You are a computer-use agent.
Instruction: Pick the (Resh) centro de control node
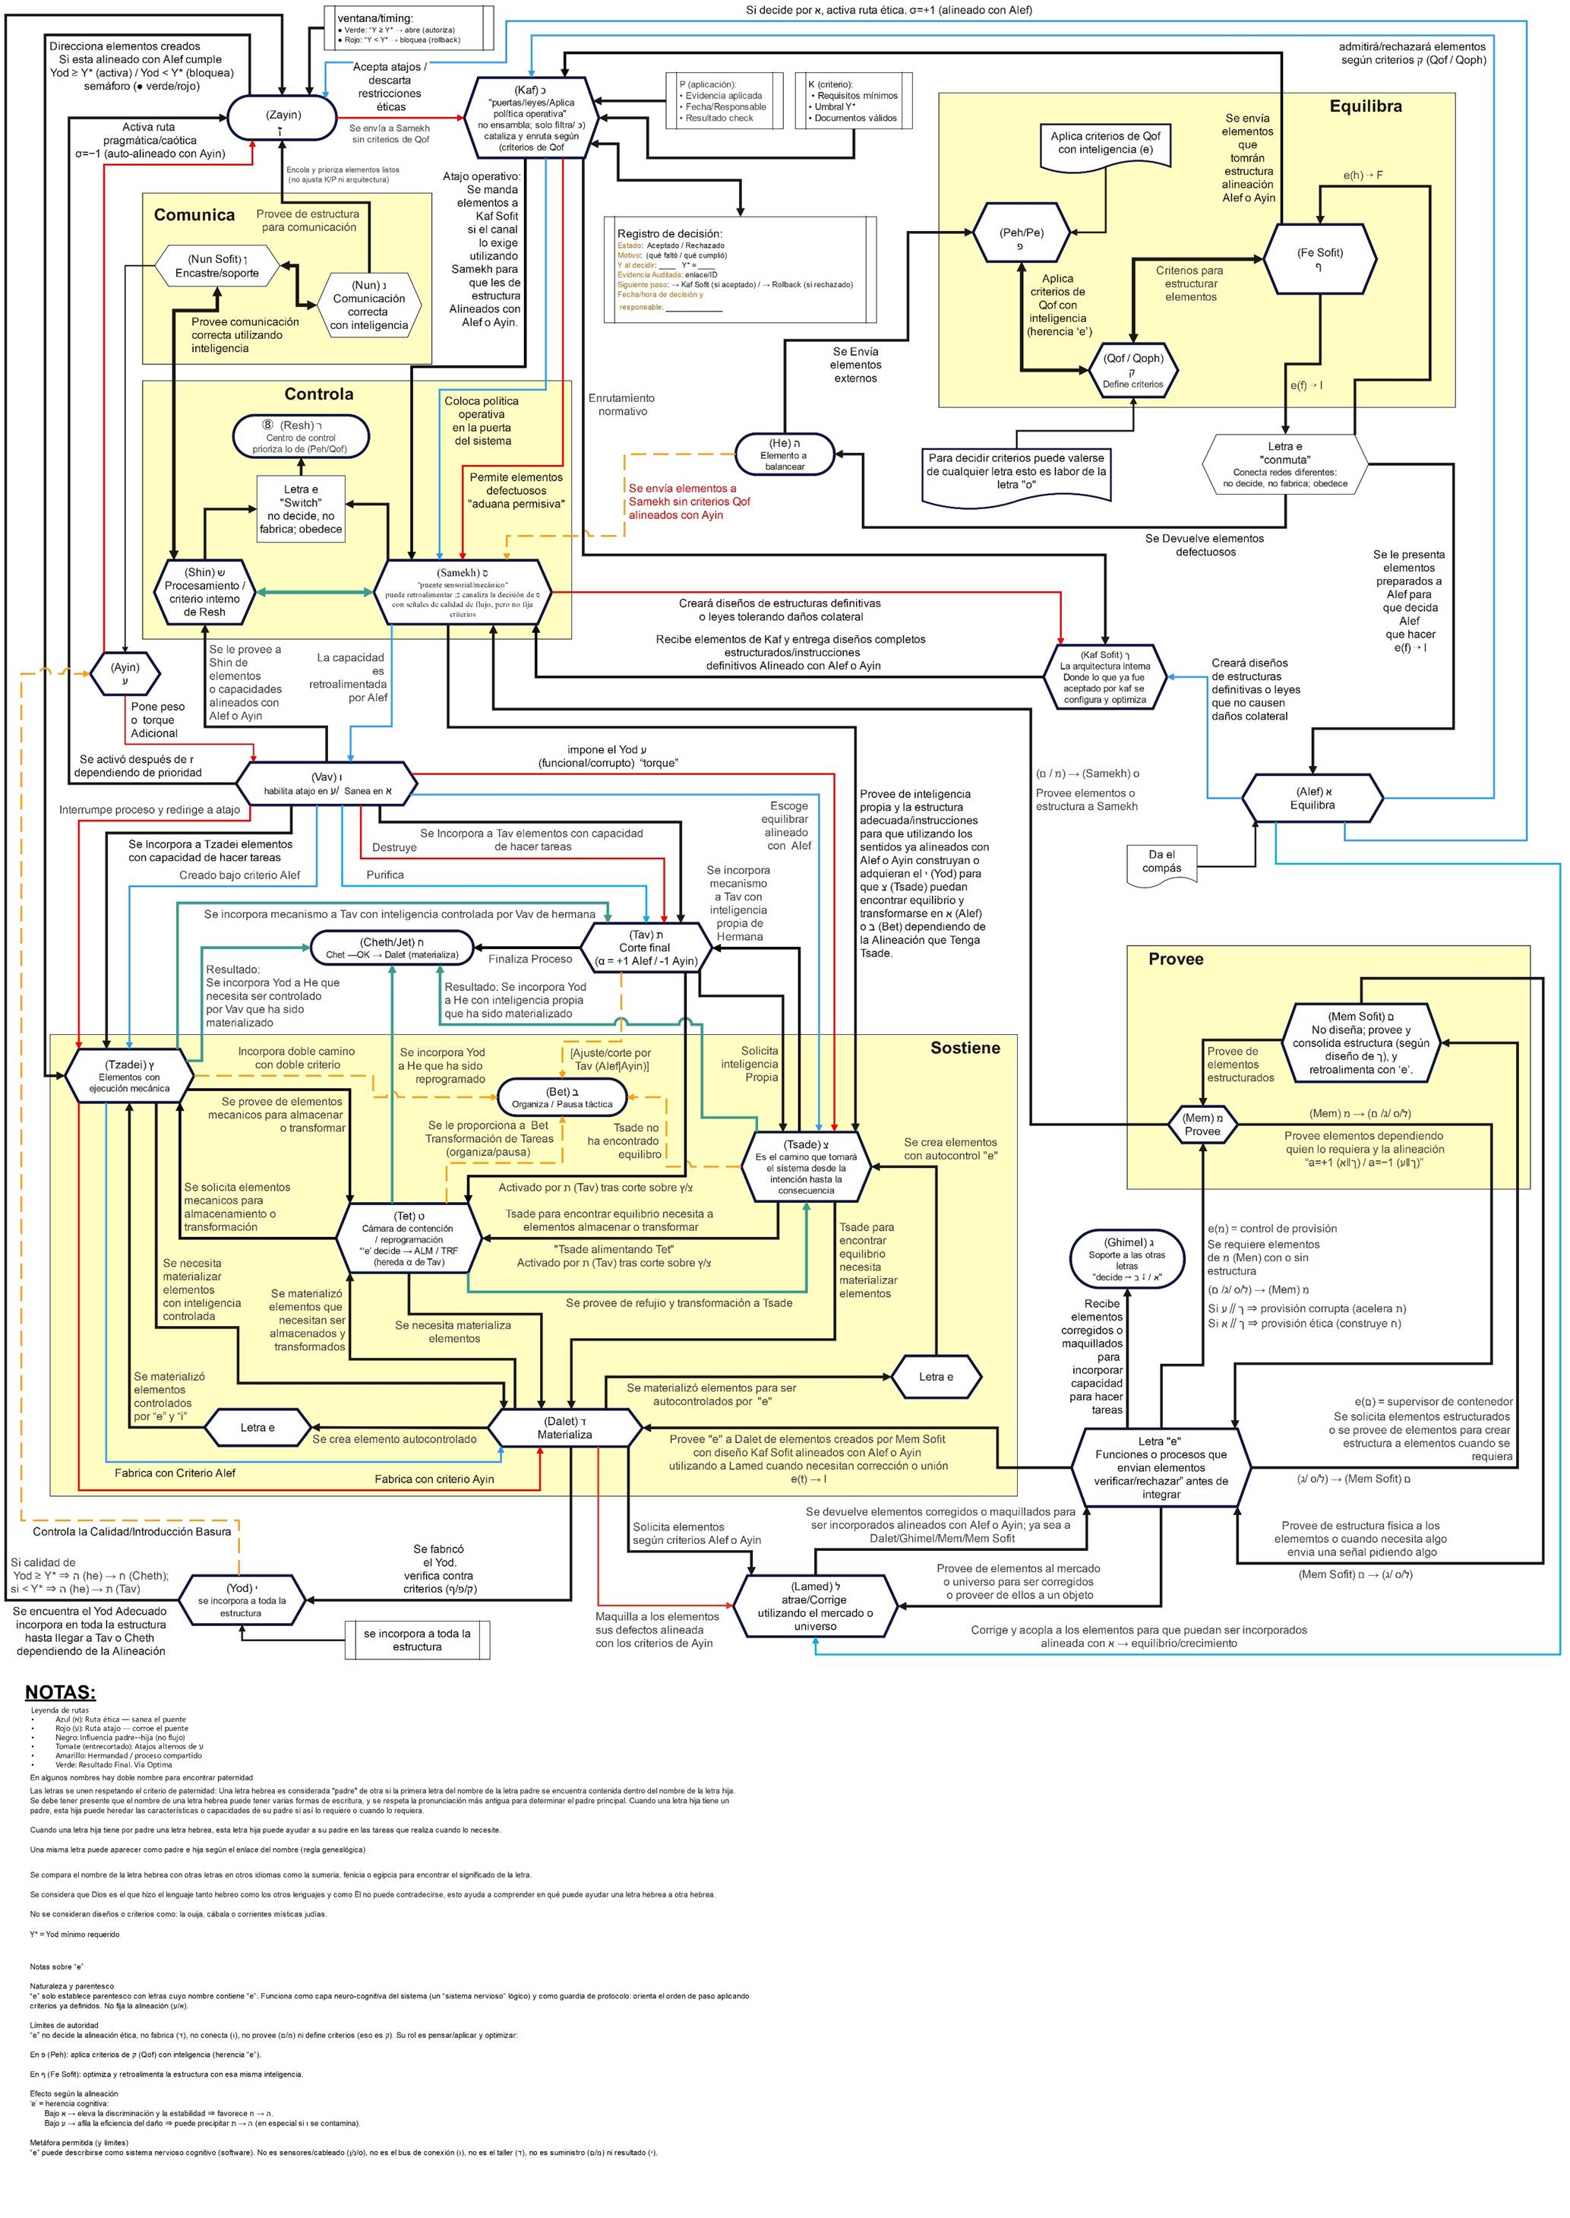coord(301,437)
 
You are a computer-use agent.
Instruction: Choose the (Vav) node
coord(327,783)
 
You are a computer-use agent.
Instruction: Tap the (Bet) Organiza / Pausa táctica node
coord(561,1097)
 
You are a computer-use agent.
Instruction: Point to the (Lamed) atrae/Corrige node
coord(815,1606)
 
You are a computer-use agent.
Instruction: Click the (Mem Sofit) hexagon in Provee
coord(1360,1043)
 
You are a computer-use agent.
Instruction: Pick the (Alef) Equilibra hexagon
coord(1312,798)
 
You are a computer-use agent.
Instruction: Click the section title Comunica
coord(194,214)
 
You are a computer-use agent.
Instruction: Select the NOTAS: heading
coord(60,1692)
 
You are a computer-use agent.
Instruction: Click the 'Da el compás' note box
coord(1162,863)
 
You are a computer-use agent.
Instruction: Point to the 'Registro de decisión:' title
coord(670,234)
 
